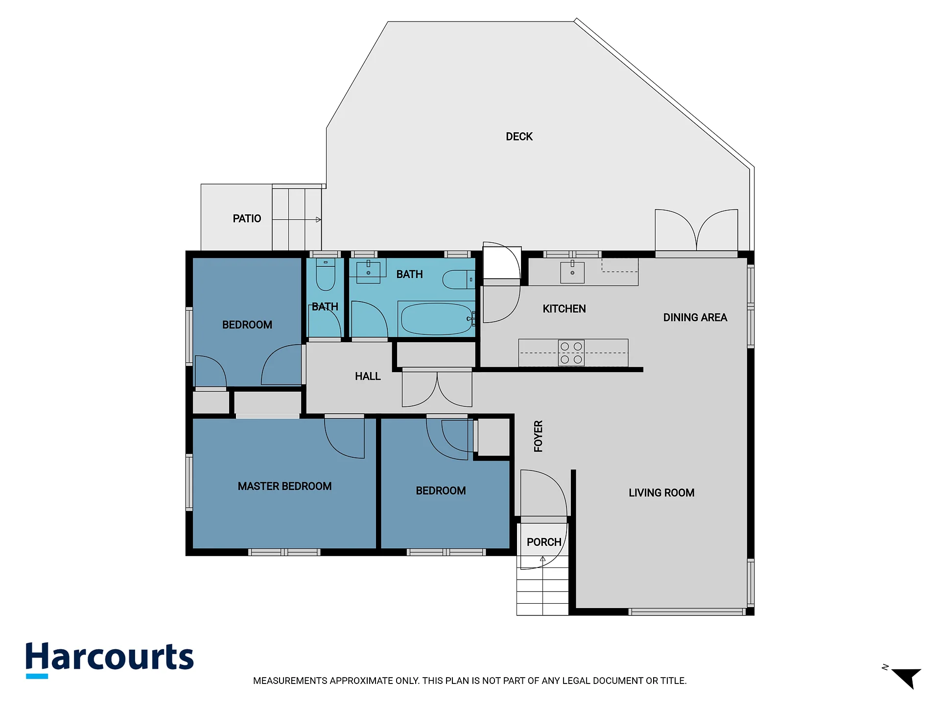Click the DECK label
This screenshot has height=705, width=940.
pyautogui.click(x=519, y=137)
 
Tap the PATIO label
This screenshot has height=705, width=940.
pyautogui.click(x=247, y=218)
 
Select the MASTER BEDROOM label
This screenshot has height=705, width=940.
pyautogui.click(x=284, y=486)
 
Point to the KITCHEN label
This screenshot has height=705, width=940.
pyautogui.click(x=564, y=309)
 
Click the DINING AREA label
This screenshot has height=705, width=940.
pyautogui.click(x=695, y=317)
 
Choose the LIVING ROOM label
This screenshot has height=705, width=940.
pyautogui.click(x=661, y=493)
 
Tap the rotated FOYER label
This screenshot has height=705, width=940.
pyautogui.click(x=538, y=436)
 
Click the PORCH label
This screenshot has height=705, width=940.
pyautogui.click(x=544, y=542)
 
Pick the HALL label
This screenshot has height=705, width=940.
pyautogui.click(x=368, y=376)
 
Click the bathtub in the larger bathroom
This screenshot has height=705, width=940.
pyautogui.click(x=436, y=319)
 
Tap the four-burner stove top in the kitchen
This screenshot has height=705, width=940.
pyautogui.click(x=571, y=352)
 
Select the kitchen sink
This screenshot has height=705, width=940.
pyautogui.click(x=572, y=272)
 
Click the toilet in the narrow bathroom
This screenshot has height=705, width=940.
pyautogui.click(x=326, y=275)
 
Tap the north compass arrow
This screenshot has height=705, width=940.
pyautogui.click(x=908, y=678)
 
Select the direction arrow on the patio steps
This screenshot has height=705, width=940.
pyautogui.click(x=297, y=220)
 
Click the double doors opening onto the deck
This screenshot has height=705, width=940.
pyautogui.click(x=696, y=230)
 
